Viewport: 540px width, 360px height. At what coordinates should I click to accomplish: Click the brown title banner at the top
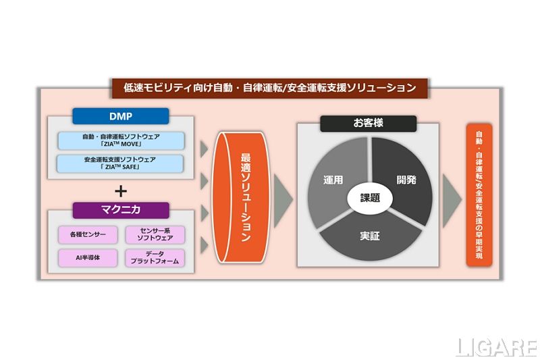(x=269, y=87)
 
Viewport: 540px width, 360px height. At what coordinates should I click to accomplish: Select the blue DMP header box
(x=121, y=116)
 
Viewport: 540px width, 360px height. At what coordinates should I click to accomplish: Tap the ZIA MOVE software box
(x=121, y=140)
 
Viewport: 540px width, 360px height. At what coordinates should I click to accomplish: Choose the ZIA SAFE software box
(x=121, y=163)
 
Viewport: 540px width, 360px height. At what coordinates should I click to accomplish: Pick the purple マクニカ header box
(x=121, y=210)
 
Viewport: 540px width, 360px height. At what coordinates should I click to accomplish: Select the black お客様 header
(x=368, y=124)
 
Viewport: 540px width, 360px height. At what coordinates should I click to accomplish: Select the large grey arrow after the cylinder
(x=283, y=198)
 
